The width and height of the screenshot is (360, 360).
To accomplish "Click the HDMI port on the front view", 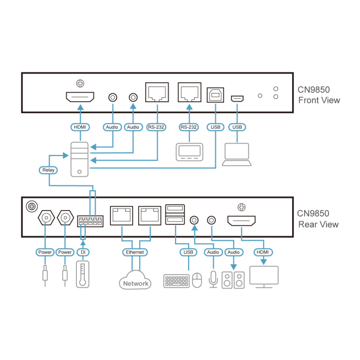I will [x=80, y=98].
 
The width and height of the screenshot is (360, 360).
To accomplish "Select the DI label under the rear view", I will [x=82, y=252].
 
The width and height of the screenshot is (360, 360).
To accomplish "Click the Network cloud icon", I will [x=135, y=281].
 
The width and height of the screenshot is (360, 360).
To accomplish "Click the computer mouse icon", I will [x=197, y=280].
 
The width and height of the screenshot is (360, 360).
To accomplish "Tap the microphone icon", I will [x=213, y=279].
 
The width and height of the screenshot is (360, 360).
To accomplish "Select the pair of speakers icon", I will [x=233, y=279].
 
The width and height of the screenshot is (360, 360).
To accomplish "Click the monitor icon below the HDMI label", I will [x=263, y=276].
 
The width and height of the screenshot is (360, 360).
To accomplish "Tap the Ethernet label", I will [x=134, y=252].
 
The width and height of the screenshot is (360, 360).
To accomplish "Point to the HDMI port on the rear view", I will [x=242, y=220].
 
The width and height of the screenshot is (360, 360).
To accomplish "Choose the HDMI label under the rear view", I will [x=263, y=252].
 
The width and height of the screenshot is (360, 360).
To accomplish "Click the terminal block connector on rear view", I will [x=90, y=221].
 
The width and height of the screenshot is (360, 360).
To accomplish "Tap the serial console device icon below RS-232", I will [x=188, y=152].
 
